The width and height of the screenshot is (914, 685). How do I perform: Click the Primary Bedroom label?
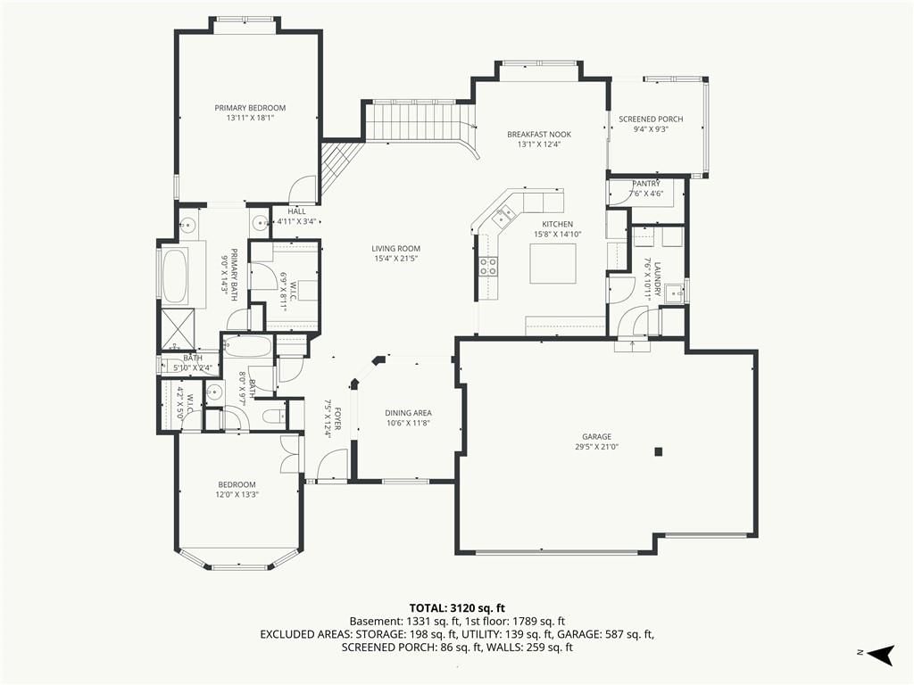pos(250,108)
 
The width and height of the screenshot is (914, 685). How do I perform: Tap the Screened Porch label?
pos(651,119)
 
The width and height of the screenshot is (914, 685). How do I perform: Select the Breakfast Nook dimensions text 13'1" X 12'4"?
pos(538,144)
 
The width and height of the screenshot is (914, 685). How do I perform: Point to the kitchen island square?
pos(553,263)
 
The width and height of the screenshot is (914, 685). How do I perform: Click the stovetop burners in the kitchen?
pos(488,266)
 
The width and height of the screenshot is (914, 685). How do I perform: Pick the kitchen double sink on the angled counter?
pos(504,216)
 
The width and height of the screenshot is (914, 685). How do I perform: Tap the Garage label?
pos(597,436)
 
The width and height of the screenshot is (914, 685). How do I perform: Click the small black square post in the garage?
pos(659,450)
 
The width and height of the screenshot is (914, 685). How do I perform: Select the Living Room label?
pos(395,249)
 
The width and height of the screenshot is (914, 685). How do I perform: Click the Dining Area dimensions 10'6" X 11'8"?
pos(408,424)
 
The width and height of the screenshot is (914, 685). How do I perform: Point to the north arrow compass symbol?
pos(880,654)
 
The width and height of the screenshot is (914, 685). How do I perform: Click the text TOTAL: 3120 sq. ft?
pos(457,608)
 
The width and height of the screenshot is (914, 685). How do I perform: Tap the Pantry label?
pos(646,184)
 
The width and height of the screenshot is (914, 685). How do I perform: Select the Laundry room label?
pos(657,279)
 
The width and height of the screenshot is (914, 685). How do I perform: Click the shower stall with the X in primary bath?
pos(179,327)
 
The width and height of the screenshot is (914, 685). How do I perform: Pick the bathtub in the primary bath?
pos(175,276)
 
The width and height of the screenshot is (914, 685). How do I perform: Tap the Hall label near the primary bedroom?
pos(296,211)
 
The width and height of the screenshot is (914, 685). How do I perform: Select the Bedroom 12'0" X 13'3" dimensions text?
pos(237,494)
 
